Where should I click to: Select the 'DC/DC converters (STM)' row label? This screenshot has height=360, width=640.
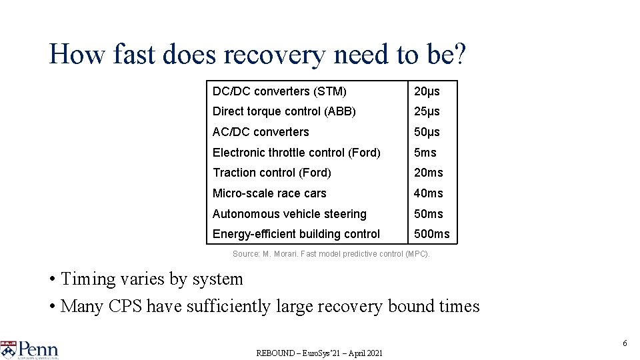[x=279, y=91]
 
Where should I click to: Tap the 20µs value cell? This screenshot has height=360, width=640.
[x=427, y=91]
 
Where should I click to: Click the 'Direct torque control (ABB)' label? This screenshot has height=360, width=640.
[x=284, y=111]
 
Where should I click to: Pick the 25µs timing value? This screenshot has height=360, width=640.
[x=427, y=111]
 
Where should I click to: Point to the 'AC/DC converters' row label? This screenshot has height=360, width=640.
[x=261, y=132]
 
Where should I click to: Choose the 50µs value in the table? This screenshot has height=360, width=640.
[x=427, y=132]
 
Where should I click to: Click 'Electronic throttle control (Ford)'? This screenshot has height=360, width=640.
[x=296, y=153]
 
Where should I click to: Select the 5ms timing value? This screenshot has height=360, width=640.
[x=425, y=153]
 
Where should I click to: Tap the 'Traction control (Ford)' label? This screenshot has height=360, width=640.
[x=271, y=173]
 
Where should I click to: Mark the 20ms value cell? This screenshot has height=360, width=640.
[x=428, y=173]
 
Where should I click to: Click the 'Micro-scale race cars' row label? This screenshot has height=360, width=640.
[x=269, y=193]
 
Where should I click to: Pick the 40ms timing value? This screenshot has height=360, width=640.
[x=428, y=193]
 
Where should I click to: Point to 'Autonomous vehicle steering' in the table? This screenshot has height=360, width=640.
[x=289, y=214]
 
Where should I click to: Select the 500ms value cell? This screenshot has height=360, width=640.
[x=431, y=234]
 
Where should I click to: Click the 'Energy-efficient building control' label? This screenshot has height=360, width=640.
[x=296, y=234]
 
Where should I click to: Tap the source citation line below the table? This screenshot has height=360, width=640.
[x=331, y=254]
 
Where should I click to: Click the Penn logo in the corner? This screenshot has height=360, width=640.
[x=30, y=349]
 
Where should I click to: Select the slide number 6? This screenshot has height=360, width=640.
[x=625, y=343]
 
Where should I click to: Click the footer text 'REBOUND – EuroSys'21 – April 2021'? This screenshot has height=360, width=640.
[x=319, y=353]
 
